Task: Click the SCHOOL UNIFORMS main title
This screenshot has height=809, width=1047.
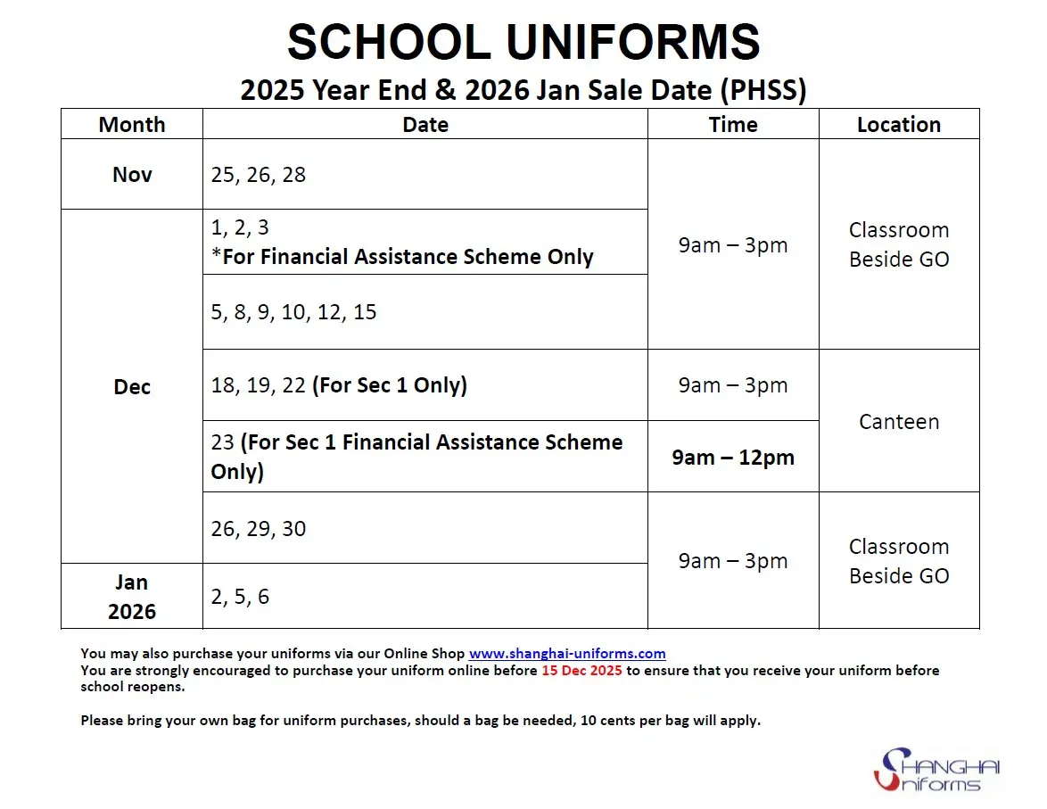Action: tap(523, 42)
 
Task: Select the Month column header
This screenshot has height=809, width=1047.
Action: tap(132, 125)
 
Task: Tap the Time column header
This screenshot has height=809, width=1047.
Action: tap(733, 125)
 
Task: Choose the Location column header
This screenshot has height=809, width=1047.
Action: tap(899, 125)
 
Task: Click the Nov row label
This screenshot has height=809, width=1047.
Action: tap(132, 175)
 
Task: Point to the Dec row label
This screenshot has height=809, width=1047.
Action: tap(132, 387)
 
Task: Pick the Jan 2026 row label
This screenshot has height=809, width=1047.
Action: tap(132, 597)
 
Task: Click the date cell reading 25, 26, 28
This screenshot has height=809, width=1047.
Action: tap(259, 175)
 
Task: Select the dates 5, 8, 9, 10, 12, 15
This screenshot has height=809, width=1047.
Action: tap(294, 312)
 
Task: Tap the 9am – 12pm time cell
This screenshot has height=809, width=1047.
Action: tap(733, 458)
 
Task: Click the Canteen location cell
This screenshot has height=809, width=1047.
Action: tap(899, 422)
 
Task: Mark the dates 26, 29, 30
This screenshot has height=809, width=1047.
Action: tap(259, 529)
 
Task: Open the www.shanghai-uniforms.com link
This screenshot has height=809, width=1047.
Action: tap(567, 654)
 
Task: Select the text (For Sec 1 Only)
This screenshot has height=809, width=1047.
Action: tap(390, 385)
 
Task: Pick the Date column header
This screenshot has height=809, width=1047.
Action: tap(425, 125)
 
